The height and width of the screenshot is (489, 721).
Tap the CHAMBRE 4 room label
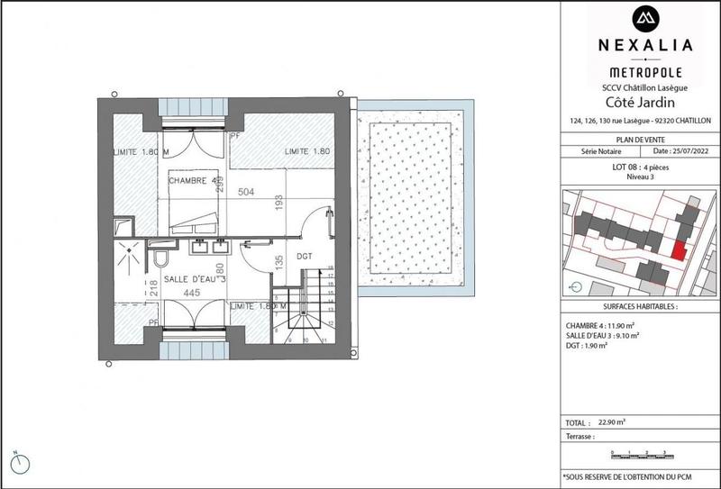pyautogui.click(x=195, y=181)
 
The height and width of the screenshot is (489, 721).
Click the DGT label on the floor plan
pyautogui.click(x=304, y=257)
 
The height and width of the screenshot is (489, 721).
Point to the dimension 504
pyautogui.click(x=245, y=192)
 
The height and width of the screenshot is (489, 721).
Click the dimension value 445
pyautogui.click(x=191, y=293)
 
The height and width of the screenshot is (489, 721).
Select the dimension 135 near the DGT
pyautogui.click(x=278, y=263)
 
